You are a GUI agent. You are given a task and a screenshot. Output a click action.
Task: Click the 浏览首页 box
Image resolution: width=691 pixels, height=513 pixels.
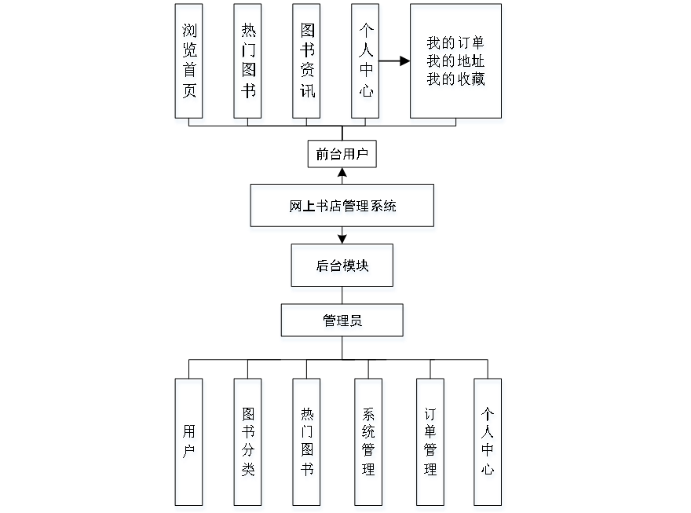click(190, 64)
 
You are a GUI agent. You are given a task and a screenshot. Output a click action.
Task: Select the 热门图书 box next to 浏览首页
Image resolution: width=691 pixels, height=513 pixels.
click(248, 64)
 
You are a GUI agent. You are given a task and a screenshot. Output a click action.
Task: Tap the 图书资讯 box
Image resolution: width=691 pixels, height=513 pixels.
click(307, 64)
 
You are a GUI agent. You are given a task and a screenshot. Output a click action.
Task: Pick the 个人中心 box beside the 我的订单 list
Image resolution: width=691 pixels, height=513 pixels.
click(366, 64)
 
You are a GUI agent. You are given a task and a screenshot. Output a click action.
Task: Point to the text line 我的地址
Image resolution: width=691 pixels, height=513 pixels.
click(456, 61)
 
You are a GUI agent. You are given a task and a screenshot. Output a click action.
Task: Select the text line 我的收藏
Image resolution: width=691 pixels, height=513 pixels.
click(456, 79)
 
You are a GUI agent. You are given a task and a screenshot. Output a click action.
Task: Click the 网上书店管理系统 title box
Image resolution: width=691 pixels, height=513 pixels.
click(342, 208)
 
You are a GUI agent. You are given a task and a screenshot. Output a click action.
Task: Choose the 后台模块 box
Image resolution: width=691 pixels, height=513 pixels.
click(343, 268)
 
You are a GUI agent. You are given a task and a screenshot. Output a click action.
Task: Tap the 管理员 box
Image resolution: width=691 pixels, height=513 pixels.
click(343, 323)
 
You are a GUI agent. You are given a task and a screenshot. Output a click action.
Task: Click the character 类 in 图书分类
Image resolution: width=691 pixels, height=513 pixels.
click(248, 471)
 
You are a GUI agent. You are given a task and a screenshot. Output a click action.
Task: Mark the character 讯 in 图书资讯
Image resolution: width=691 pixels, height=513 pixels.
click(308, 93)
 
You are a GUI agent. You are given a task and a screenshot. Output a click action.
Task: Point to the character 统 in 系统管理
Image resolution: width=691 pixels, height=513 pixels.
click(369, 434)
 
